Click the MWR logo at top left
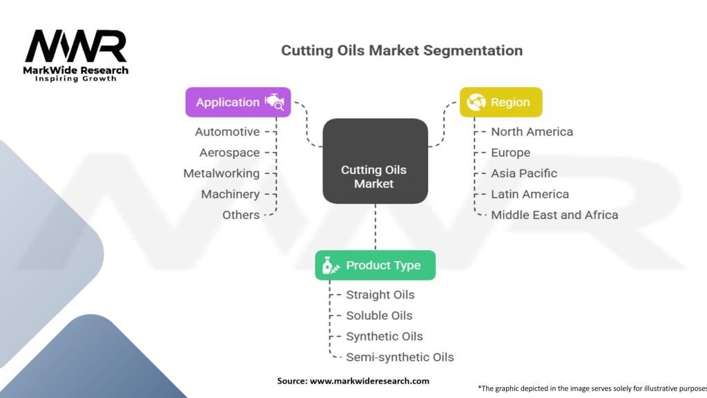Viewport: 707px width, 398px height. pyautogui.click(x=76, y=46)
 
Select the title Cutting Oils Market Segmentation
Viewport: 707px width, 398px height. pyautogui.click(x=402, y=50)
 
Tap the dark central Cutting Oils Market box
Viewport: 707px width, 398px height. pyautogui.click(x=375, y=176)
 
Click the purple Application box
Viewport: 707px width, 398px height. pyautogui.click(x=238, y=102)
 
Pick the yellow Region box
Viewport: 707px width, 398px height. pyautogui.click(x=501, y=102)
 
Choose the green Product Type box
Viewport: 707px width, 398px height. pyautogui.click(x=375, y=265)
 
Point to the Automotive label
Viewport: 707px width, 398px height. pyautogui.click(x=227, y=132)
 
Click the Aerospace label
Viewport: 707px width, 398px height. pyautogui.click(x=230, y=153)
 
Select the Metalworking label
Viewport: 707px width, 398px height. pyautogui.click(x=222, y=173)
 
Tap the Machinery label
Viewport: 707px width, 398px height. pyautogui.click(x=231, y=194)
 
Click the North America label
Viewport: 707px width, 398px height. pyautogui.click(x=532, y=132)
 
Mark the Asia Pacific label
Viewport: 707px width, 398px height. pyautogui.click(x=524, y=173)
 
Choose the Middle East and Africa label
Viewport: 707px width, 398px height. pyautogui.click(x=554, y=215)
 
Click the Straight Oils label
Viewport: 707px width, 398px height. pyautogui.click(x=380, y=295)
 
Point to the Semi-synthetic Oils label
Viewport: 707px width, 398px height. pyautogui.click(x=400, y=357)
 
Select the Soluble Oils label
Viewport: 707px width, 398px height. pyautogui.click(x=379, y=316)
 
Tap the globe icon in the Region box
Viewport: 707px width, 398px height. pyautogui.click(x=476, y=102)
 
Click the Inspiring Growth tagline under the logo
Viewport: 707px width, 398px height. pyautogui.click(x=76, y=79)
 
